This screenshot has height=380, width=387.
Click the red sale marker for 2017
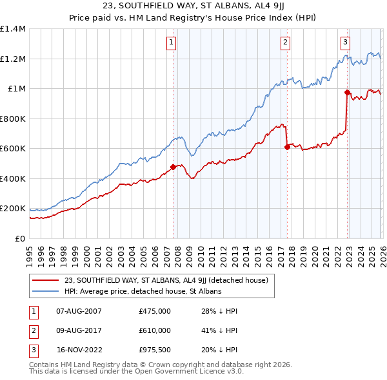[287, 147]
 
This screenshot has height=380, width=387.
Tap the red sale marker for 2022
[347, 93]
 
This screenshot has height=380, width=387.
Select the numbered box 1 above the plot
[172, 43]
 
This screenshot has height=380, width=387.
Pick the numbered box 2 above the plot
[285, 43]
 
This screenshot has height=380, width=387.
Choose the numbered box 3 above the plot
[346, 43]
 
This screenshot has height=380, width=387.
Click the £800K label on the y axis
[13, 119]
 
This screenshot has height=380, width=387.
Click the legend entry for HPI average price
[143, 291]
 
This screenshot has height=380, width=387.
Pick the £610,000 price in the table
[155, 330]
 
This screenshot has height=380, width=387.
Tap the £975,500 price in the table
[155, 350]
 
